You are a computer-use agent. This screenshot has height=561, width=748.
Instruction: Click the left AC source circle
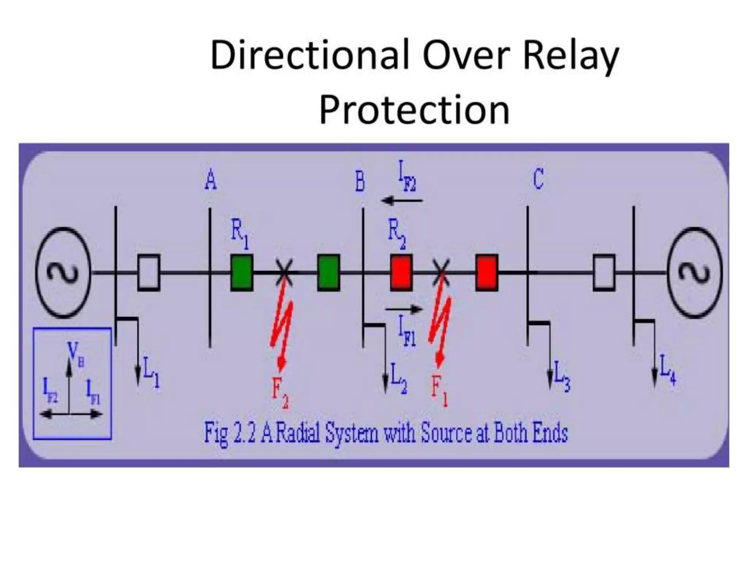coord(63,272)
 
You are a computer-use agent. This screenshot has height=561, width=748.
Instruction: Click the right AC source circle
coord(694,272)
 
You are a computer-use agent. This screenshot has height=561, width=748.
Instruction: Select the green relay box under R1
coord(242,273)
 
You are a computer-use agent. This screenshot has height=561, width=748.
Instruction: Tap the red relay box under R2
coord(401,273)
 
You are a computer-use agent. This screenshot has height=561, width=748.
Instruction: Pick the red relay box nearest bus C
coord(486,273)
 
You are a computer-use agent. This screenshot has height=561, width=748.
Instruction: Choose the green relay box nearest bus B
coord(328,273)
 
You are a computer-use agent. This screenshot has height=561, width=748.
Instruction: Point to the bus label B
coord(360,182)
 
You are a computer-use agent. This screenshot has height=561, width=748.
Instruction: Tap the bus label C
coord(538,179)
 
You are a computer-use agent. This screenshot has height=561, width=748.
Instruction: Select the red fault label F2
coord(280,393)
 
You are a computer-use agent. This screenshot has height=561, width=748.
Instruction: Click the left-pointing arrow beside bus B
coord(401,200)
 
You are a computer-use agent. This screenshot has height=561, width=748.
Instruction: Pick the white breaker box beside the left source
coord(149,273)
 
